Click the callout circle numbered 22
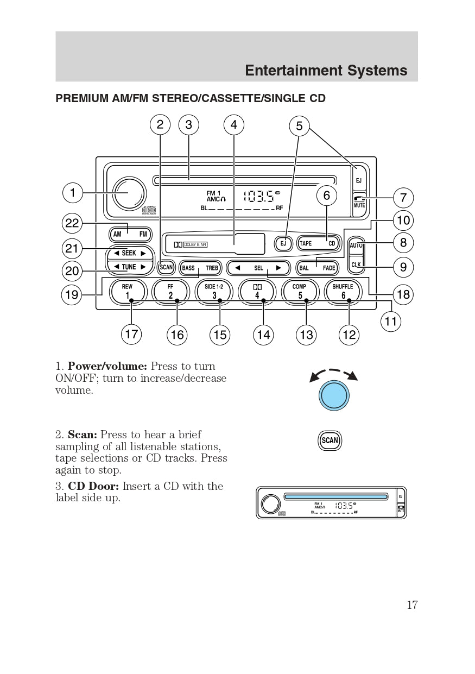72,223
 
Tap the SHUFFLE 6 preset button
343,292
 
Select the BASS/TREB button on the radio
200,268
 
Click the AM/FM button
130,235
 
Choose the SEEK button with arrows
130,253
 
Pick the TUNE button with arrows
130,267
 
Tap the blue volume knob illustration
334,395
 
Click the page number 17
412,605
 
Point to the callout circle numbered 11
391,322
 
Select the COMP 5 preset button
300,292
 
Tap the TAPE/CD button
318,243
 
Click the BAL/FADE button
317,268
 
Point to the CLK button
356,265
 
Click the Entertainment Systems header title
326,71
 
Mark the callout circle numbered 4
233,125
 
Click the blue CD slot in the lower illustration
335,496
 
